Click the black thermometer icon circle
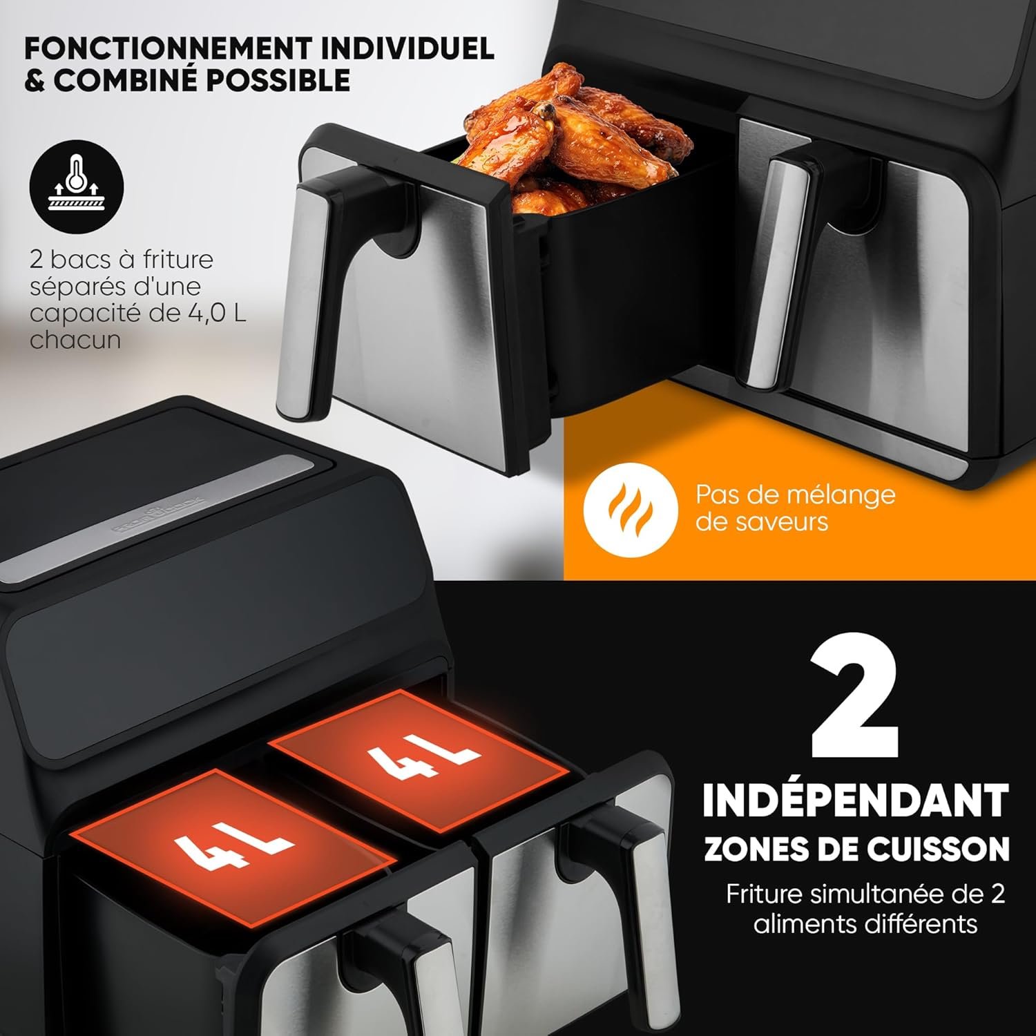(x=77, y=187)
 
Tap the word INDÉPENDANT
(x=856, y=800)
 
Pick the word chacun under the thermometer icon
(x=75, y=340)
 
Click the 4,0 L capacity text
(x=216, y=313)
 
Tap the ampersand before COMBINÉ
(x=35, y=81)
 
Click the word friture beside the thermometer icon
(x=178, y=260)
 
